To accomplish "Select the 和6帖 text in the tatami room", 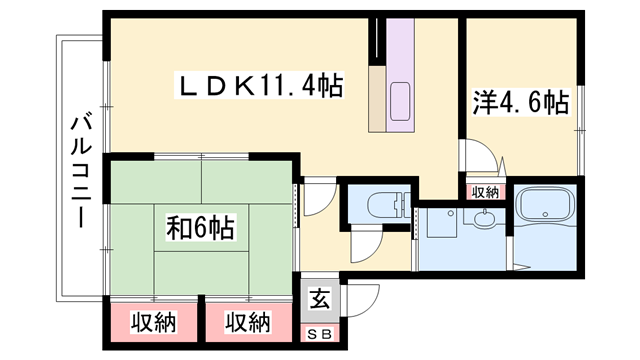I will [200, 229].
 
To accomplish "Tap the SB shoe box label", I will [316, 333].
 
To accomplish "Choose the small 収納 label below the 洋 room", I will [485, 192].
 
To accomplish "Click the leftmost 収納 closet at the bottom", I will [153, 323].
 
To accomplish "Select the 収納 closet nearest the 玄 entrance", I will [247, 323].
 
